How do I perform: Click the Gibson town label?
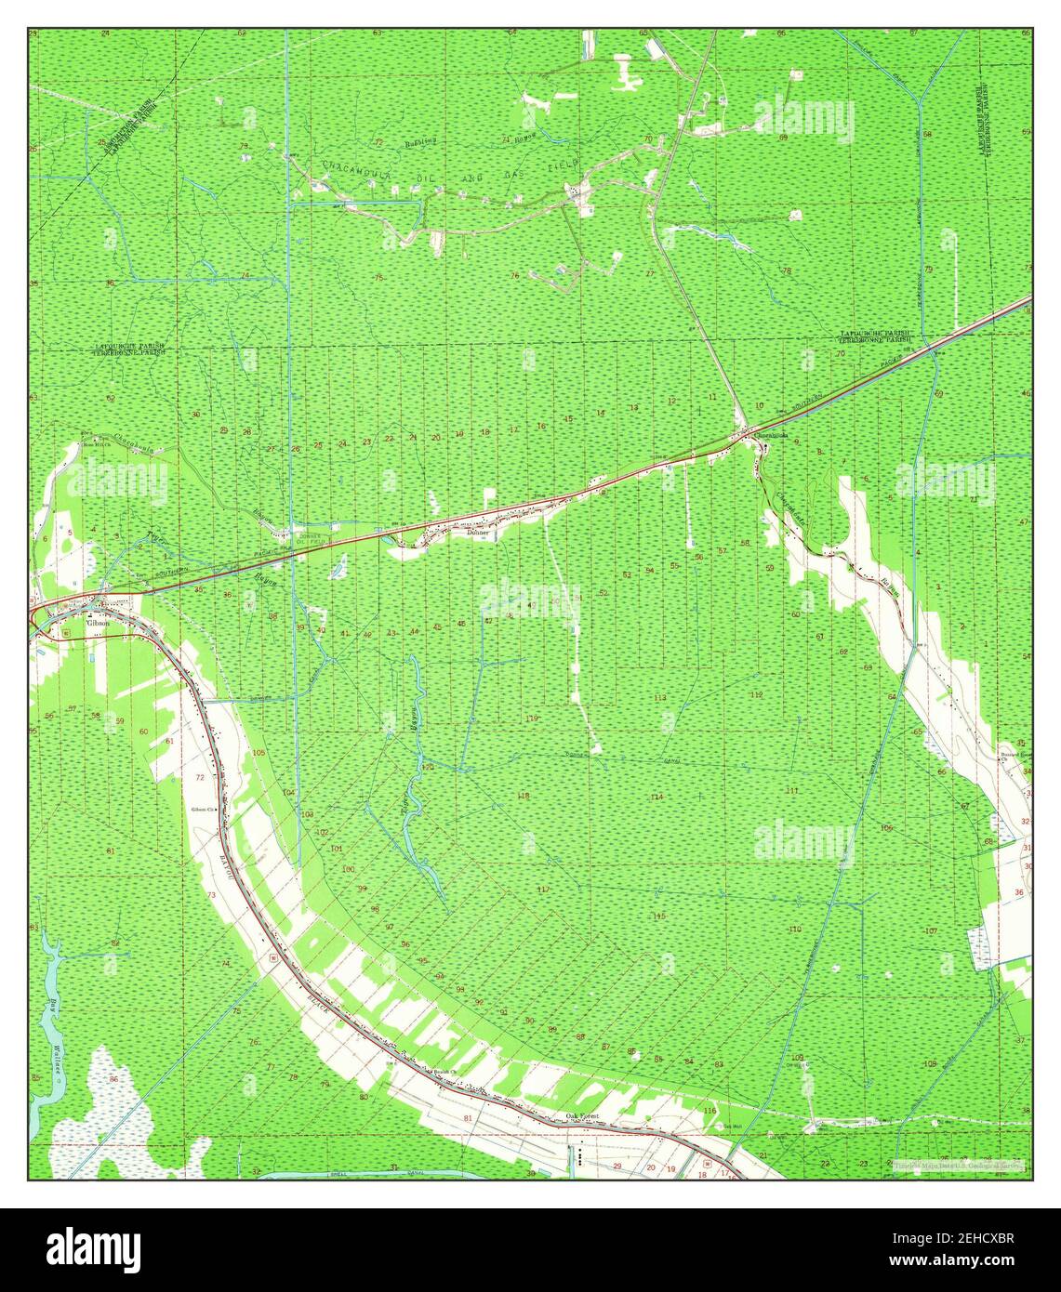[x=72, y=624]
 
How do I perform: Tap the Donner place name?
[x=479, y=534]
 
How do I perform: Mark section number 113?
[x=660, y=697]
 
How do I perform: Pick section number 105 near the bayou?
[x=259, y=751]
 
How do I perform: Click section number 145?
[x=658, y=916]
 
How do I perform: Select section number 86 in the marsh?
[x=113, y=1079]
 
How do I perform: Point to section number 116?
[x=710, y=1111]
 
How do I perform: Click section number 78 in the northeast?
[x=787, y=270]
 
